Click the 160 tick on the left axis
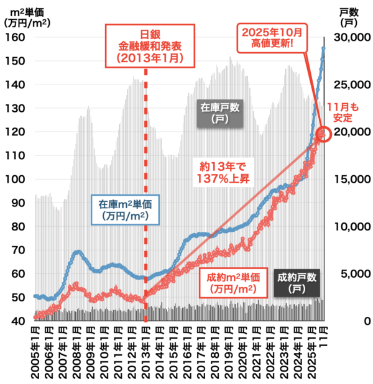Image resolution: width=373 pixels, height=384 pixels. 16,37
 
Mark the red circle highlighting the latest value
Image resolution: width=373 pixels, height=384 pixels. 324,134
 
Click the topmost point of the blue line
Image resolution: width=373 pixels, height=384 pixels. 323,48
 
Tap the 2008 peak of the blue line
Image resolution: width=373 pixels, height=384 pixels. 77,252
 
